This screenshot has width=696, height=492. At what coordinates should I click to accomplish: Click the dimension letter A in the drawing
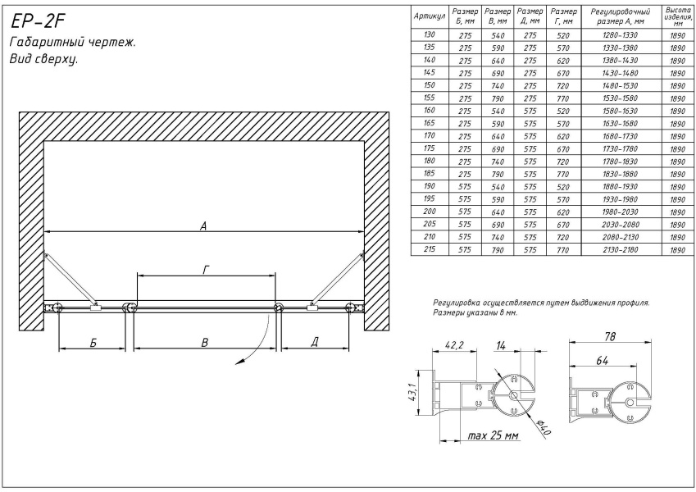click(x=202, y=227)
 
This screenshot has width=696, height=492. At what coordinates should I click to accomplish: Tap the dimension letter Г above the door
click(x=207, y=270)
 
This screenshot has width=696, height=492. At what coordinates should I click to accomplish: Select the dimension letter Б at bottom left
click(x=93, y=342)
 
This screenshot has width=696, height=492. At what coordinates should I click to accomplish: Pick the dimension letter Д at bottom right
click(x=316, y=342)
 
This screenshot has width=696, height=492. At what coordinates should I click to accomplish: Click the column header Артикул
click(x=430, y=16)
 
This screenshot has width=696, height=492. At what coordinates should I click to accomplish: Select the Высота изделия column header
click(x=678, y=16)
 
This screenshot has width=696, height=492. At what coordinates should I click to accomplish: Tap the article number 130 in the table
click(x=428, y=35)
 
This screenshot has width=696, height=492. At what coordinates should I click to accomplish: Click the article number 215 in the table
click(x=428, y=248)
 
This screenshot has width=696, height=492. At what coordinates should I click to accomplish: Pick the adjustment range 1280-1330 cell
click(x=620, y=35)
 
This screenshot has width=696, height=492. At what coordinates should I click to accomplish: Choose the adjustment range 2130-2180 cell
click(x=620, y=248)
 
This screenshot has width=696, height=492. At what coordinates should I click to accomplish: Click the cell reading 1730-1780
click(x=620, y=148)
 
